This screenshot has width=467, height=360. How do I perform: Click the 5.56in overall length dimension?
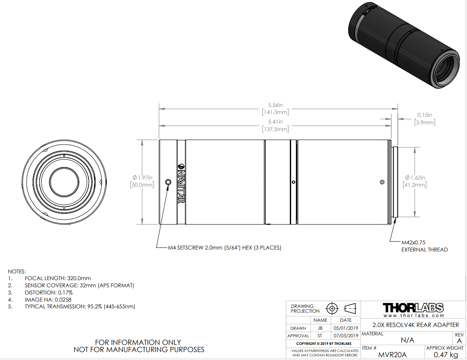click(x=276, y=109)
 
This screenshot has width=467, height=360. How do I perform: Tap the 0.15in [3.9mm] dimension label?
click(x=425, y=118)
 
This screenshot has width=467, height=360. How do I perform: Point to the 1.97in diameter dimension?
click(x=142, y=181)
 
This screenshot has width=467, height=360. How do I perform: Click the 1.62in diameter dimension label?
click(x=415, y=181)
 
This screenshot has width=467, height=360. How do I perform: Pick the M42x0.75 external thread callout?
click(x=425, y=246)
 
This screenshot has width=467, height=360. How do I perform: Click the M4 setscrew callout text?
click(x=225, y=248)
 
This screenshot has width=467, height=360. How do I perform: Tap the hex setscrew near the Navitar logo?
click(x=168, y=182)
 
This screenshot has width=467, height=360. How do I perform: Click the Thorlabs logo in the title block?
click(x=413, y=308)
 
